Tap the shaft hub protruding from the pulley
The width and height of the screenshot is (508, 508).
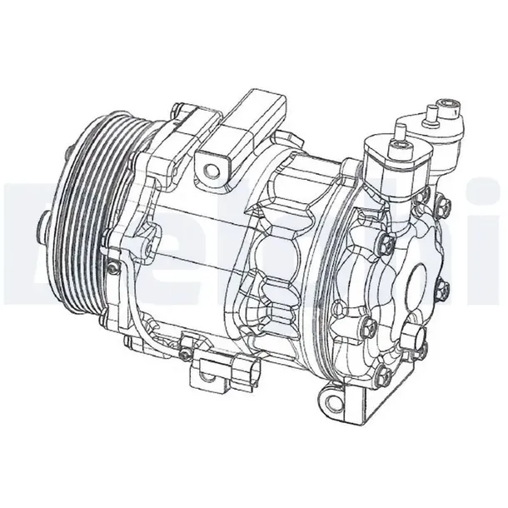click(42, 222)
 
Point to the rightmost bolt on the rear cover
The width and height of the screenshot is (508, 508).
click(442, 289)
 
